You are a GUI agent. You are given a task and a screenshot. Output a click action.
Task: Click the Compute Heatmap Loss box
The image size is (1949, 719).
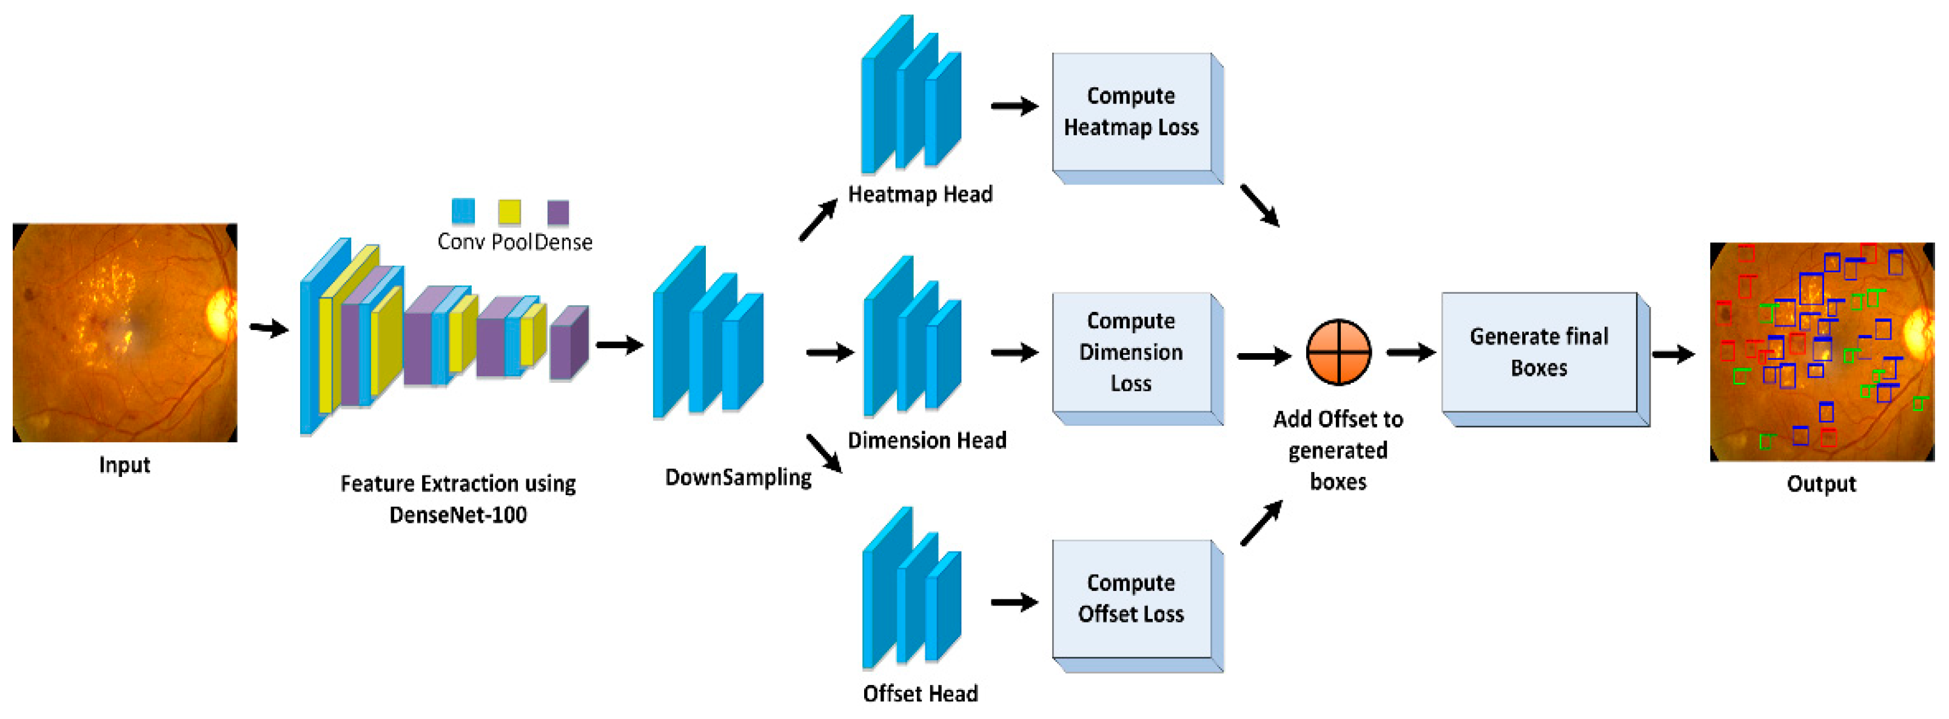[x=1131, y=112]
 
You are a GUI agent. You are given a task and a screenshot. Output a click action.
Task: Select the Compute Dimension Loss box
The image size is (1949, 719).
[x=1131, y=352]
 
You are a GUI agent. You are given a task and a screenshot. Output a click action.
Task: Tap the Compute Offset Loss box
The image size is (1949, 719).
[x=1131, y=599]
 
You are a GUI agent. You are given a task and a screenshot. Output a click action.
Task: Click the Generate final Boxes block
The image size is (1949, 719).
[x=1539, y=353]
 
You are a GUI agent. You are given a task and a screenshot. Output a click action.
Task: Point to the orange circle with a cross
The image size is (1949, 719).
[x=1338, y=352]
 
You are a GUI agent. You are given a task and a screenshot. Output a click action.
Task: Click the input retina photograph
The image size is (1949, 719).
[x=125, y=332]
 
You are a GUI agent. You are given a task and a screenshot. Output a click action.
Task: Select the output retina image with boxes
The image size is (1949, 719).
[x=1821, y=352]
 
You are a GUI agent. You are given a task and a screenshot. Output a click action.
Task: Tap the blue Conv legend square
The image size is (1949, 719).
[x=463, y=211]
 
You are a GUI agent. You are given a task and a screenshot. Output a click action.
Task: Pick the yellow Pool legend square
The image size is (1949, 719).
[x=509, y=212]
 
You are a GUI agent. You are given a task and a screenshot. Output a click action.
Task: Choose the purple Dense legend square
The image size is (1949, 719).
[x=558, y=212]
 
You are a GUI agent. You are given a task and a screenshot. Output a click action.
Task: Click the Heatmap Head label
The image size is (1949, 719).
[x=920, y=195]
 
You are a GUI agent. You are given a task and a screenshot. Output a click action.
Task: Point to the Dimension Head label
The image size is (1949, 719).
[x=927, y=441]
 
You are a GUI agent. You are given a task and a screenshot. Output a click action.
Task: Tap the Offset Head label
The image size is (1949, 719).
[x=920, y=694]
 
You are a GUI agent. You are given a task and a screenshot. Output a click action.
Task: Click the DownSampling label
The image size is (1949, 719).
[x=737, y=478]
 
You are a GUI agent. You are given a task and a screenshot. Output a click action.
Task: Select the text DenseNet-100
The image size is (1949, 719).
[x=458, y=515]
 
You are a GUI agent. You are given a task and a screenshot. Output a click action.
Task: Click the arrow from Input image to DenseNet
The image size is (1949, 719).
[x=269, y=329]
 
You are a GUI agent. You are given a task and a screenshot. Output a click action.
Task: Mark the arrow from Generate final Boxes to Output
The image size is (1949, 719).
[x=1673, y=354]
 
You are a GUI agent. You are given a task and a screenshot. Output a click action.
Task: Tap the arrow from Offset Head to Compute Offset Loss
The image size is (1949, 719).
[x=1014, y=603]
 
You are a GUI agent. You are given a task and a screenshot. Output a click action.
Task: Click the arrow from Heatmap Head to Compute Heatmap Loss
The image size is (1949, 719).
[x=1014, y=107]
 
